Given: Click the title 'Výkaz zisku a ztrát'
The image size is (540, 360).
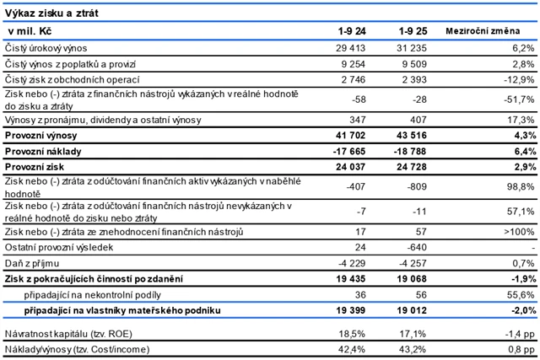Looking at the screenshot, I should coord(50,11).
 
